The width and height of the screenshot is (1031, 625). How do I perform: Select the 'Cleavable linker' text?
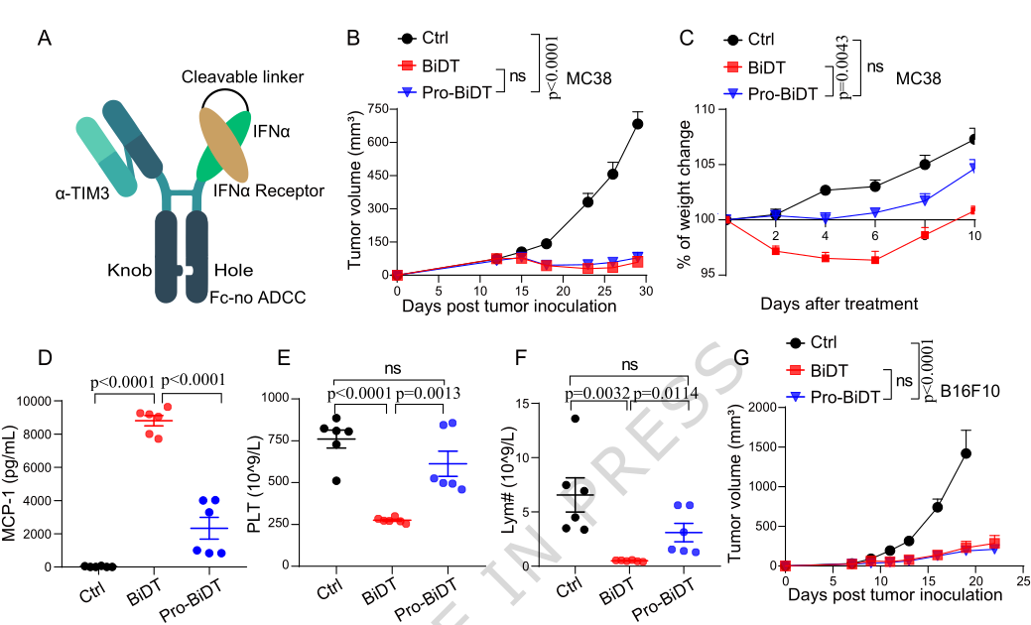(242, 76)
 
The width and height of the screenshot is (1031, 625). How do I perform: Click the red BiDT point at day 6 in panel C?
(875, 259)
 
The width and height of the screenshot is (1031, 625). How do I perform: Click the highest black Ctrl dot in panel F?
(574, 419)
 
